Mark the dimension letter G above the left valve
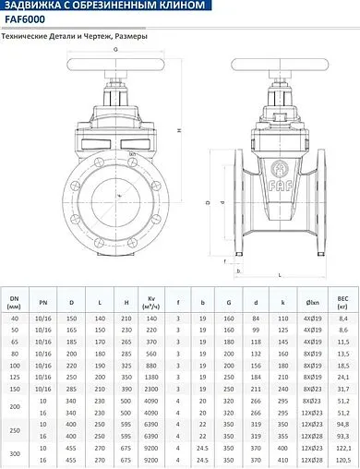116,49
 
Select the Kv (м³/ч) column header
150,301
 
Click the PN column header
42,301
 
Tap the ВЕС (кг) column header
342,301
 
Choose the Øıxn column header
313,301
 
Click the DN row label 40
14,317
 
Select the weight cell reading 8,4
342,317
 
